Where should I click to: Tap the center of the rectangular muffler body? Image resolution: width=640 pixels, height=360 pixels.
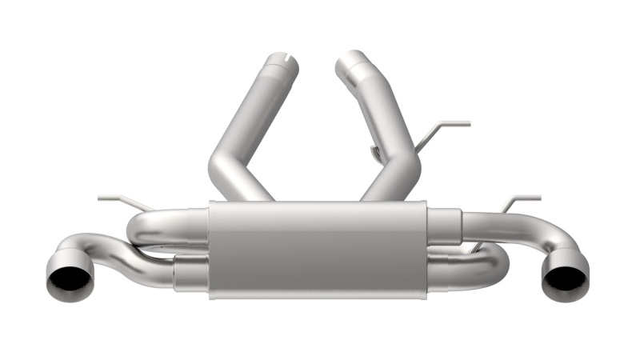coord(318,250)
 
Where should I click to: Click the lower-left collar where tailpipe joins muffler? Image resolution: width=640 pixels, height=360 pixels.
coord(190,273)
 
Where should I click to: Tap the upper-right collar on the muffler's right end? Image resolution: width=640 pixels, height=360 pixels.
coord(445,223)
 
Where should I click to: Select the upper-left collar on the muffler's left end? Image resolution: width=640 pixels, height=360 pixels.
coord(196,225)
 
